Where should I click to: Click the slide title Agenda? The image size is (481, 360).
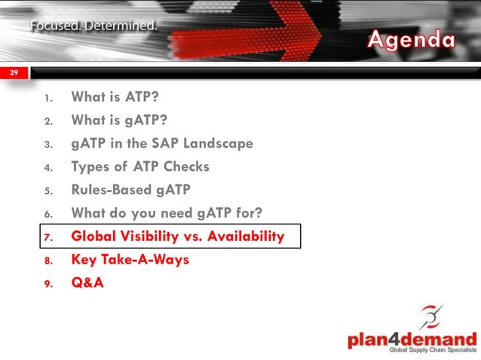click(x=411, y=39)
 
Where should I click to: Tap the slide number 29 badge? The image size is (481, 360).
click(x=14, y=72)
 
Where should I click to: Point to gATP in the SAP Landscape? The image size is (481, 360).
click(x=162, y=143)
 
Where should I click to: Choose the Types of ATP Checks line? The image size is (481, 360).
click(x=140, y=166)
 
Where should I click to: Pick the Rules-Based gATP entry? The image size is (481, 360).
click(x=132, y=190)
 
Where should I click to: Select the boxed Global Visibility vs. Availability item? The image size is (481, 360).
click(x=177, y=236)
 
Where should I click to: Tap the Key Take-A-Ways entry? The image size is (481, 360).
click(x=130, y=260)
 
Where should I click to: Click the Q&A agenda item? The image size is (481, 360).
click(x=87, y=283)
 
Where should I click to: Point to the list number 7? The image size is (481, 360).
click(x=47, y=237)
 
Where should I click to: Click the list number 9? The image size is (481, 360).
click(x=47, y=284)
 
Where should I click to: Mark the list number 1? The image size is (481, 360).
click(x=48, y=98)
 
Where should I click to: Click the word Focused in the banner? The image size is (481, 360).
click(x=56, y=26)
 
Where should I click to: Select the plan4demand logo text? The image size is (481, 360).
click(x=412, y=339)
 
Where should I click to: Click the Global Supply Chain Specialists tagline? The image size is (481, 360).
click(x=432, y=351)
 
